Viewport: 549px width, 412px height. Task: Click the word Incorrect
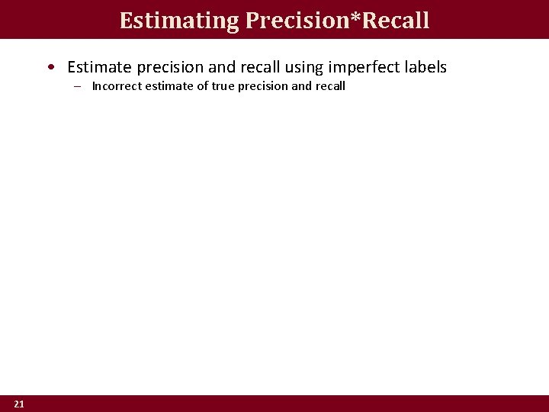tap(116, 86)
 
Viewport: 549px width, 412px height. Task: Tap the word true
tap(223, 86)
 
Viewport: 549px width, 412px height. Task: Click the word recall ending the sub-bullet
tap(330, 86)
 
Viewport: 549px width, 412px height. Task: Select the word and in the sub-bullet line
tap(302, 86)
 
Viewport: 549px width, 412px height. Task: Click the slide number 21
tap(19, 404)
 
